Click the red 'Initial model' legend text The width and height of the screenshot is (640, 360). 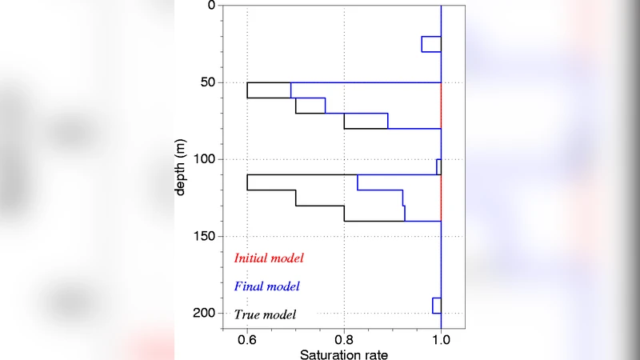click(269, 258)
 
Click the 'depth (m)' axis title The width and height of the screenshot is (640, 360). click(182, 167)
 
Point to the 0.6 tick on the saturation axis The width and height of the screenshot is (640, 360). click(247, 339)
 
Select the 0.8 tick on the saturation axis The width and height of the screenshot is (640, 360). click(344, 339)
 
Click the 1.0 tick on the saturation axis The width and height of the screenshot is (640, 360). click(441, 339)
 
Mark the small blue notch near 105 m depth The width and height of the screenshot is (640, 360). click(438, 166)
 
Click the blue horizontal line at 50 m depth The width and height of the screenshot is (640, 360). click(368, 82)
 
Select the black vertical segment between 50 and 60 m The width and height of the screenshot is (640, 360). click(247, 90)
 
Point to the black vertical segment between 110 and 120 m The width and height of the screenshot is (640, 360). click(247, 182)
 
